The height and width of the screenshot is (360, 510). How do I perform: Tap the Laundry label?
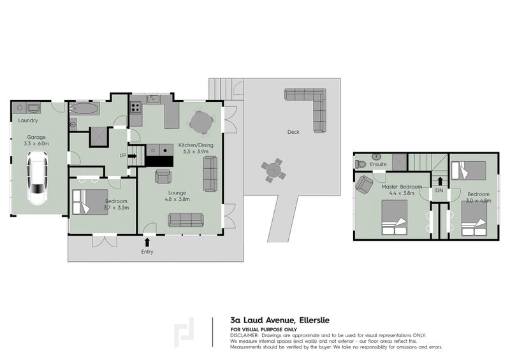pos(28,120)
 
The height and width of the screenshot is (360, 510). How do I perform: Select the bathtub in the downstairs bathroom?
pos(84,108)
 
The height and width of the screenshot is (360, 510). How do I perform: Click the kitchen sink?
pos(152,99)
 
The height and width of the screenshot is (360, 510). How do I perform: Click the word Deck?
pos(293,133)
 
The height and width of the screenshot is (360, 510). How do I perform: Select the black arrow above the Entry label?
pos(148,241)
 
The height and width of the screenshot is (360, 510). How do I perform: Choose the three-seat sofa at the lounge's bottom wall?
pos(186,220)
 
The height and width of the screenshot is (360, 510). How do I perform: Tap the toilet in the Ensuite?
pos(361,164)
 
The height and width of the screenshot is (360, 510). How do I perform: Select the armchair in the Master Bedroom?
pos(364,185)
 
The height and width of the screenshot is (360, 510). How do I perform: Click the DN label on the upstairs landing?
pos(439,191)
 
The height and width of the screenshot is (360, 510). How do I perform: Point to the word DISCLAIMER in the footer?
pos(244,335)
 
